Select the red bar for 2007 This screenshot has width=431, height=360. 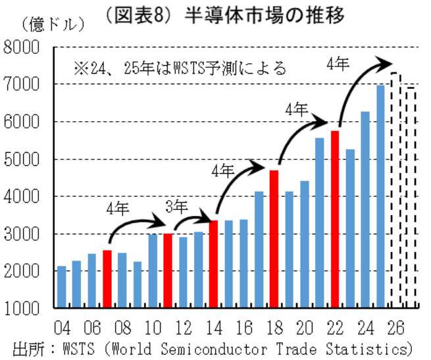click(107, 279)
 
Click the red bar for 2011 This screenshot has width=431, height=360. click(168, 270)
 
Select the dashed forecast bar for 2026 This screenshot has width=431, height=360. click(396, 190)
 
